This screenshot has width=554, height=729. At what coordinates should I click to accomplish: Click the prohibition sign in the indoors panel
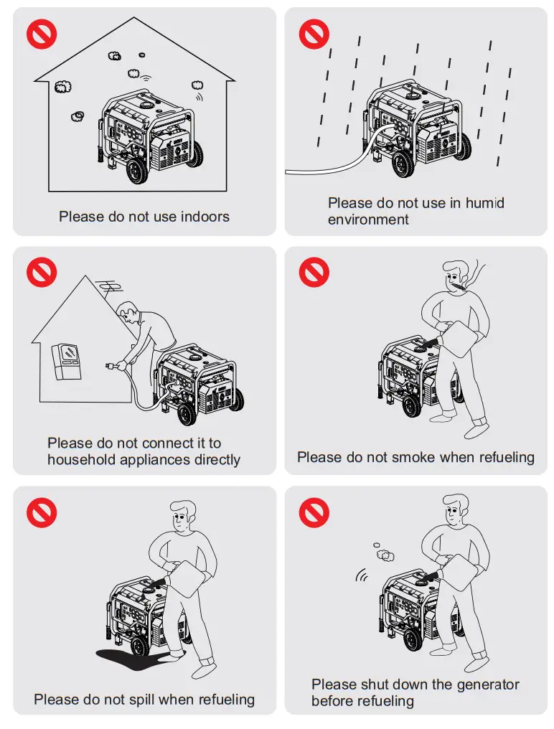(42, 34)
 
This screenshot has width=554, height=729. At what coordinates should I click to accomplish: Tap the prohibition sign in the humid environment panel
(314, 34)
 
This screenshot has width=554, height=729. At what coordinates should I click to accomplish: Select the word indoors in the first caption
(205, 216)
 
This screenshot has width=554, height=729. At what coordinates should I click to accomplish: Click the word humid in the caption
(484, 203)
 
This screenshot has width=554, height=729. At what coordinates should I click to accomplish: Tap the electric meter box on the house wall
(67, 361)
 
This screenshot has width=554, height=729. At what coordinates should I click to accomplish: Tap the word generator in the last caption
(488, 685)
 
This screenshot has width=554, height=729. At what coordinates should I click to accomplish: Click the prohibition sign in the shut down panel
(314, 512)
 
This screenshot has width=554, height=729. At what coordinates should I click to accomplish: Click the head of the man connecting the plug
(128, 313)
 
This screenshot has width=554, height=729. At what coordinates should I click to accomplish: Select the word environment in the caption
(368, 220)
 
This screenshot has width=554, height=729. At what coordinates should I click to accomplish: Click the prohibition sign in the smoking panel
(314, 272)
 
